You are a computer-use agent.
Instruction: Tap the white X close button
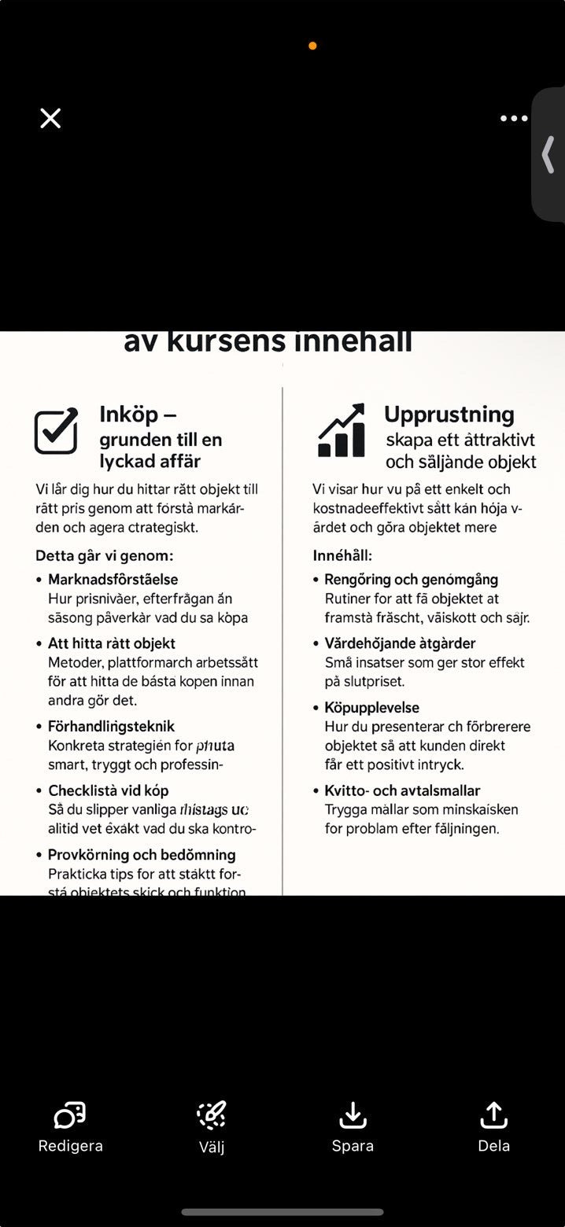point(50,119)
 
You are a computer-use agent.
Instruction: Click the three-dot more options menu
point(514,119)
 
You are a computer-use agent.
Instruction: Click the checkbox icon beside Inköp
point(57,431)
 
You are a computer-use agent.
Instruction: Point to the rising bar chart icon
point(342,431)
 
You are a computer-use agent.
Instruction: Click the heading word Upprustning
point(449,415)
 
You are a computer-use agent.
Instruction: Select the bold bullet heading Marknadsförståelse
point(113,580)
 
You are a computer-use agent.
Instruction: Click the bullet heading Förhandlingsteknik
point(111,726)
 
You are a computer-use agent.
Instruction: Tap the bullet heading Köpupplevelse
point(371,708)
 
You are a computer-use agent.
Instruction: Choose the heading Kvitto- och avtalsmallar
point(402,790)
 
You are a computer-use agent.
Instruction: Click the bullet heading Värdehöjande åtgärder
point(400,643)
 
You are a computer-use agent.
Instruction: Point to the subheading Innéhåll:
point(342,556)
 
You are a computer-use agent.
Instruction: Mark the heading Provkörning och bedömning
point(142,855)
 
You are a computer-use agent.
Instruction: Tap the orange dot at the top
point(312,46)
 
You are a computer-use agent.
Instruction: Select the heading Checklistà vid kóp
point(108,790)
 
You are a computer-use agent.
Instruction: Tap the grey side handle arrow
point(548,154)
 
